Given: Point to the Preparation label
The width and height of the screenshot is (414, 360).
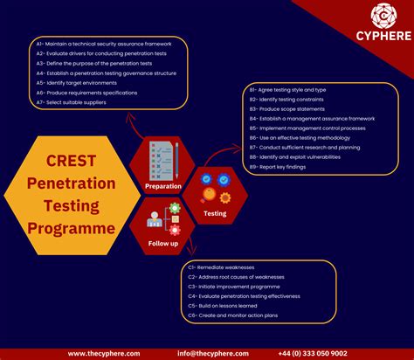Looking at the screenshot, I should [163, 186].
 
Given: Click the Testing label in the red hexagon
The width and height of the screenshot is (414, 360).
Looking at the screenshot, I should [214, 213].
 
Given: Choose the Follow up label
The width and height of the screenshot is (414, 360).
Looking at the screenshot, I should [162, 243].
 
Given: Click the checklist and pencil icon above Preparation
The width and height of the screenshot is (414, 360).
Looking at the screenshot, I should [163, 160].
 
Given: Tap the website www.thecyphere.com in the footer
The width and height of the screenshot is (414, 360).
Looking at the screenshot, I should [104, 353].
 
